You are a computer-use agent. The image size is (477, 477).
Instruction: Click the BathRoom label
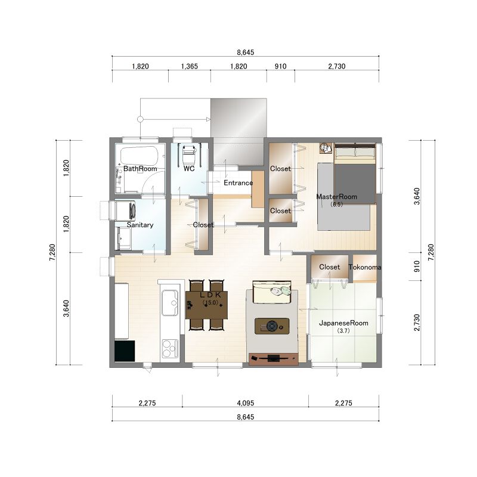point(140,169)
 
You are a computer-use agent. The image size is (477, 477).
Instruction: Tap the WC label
point(189,169)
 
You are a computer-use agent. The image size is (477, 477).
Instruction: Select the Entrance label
point(238,183)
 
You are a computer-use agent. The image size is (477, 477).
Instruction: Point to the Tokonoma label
point(365,267)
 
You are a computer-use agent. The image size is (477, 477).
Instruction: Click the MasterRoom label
point(337,197)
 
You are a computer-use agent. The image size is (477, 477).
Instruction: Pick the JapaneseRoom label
point(343,323)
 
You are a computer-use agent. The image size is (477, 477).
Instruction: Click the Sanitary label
point(140,225)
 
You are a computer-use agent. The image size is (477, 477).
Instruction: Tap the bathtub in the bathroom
point(139,156)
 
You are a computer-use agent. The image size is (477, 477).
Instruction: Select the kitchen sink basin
point(170,303)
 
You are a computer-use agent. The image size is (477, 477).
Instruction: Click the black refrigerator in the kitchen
point(125,351)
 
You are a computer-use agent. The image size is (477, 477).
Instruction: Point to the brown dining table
point(206,305)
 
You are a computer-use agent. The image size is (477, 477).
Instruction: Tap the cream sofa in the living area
point(272,292)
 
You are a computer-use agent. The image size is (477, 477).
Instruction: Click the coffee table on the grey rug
point(272,326)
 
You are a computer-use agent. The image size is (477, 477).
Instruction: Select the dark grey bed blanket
point(355,184)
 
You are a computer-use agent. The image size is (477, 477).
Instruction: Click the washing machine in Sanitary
point(125,210)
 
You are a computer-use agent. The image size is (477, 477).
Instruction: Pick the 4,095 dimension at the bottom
point(246,403)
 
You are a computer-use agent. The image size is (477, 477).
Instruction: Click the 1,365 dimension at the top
point(189,66)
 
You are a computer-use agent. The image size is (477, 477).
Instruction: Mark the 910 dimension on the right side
point(417,267)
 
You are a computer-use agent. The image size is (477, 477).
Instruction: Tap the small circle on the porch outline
point(140,119)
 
